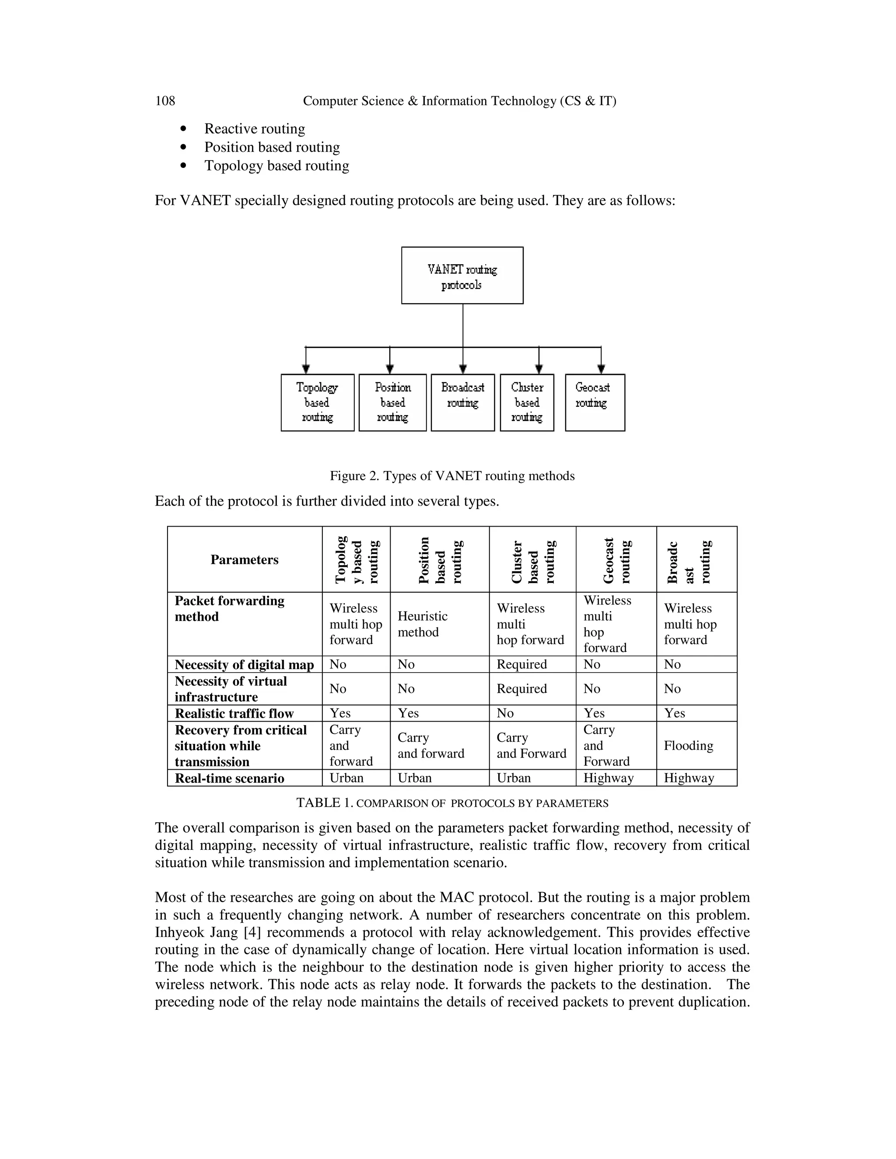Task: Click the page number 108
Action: click(x=164, y=101)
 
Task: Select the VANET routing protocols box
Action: click(x=462, y=276)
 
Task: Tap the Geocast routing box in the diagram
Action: click(x=595, y=402)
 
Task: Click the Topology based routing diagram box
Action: click(x=318, y=402)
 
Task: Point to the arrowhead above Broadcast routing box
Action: click(x=463, y=369)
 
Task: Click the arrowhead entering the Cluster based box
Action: click(x=539, y=369)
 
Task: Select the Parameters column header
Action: click(x=244, y=560)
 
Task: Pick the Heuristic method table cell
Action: click(x=423, y=624)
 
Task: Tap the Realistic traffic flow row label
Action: click(x=234, y=713)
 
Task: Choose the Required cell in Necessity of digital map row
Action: click(x=521, y=664)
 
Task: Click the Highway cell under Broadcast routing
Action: click(x=689, y=778)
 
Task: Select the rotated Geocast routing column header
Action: click(x=616, y=560)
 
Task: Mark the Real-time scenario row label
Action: click(x=229, y=778)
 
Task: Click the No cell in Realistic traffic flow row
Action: click(x=505, y=713)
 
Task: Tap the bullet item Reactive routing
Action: click(x=254, y=129)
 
